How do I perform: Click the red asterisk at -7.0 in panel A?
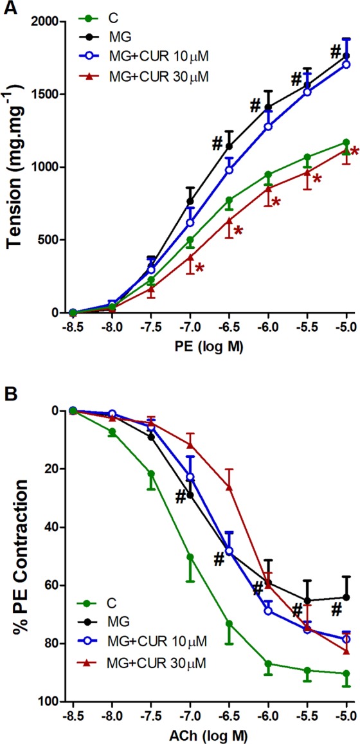pyautogui.click(x=199, y=268)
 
